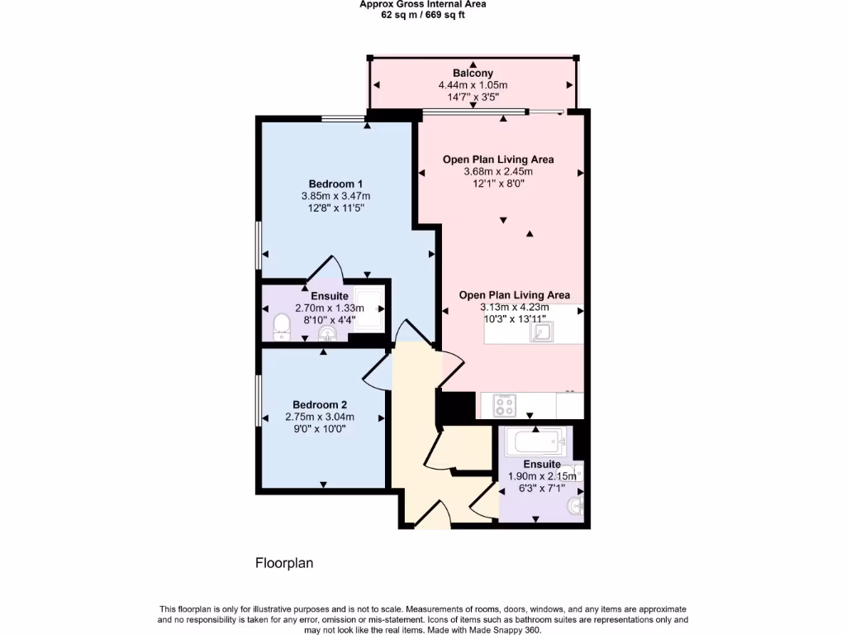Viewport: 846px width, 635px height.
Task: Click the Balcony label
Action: [x=473, y=74]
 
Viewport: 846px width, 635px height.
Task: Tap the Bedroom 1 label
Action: [x=335, y=184]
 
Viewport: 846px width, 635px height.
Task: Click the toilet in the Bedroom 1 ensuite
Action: [x=281, y=326]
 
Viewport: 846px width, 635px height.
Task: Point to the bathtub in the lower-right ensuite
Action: [x=535, y=442]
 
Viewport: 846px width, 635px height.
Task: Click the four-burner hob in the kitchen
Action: [x=504, y=405]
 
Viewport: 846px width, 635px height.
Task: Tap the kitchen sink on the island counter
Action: [x=543, y=332]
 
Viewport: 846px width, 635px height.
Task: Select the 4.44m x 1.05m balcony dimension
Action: [x=473, y=85]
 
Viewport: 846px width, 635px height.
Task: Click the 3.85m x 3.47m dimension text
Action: [x=335, y=196]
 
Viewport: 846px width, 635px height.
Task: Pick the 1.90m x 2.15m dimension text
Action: [x=542, y=476]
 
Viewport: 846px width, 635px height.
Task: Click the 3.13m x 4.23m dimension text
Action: [x=515, y=307]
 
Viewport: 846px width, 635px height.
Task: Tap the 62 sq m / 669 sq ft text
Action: [x=422, y=15]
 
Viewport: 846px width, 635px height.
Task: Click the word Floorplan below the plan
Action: [x=283, y=563]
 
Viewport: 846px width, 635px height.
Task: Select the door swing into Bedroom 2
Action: [x=375, y=371]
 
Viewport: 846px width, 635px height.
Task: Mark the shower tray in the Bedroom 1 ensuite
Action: [x=368, y=309]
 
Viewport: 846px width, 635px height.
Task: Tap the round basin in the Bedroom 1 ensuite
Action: [x=328, y=334]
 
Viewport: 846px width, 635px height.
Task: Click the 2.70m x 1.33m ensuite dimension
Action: [x=329, y=308]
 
